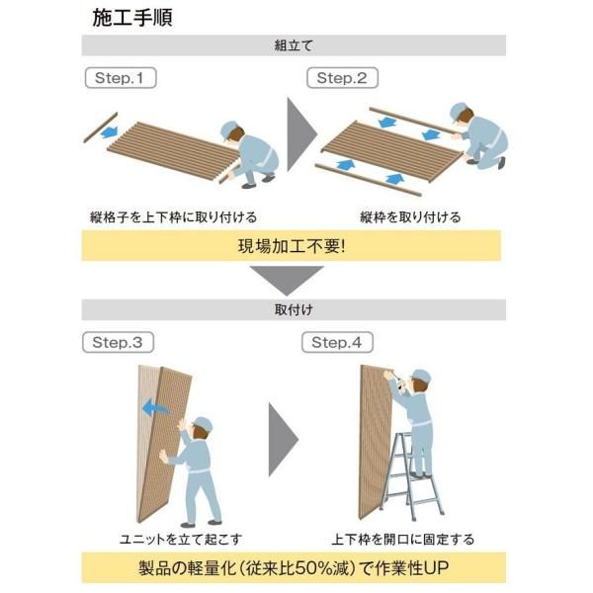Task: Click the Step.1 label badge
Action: (x=121, y=78)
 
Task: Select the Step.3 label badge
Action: (x=118, y=343)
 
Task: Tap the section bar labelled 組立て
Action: (x=294, y=45)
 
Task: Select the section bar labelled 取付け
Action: (x=294, y=309)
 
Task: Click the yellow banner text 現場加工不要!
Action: (x=294, y=245)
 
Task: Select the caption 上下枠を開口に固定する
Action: (x=402, y=539)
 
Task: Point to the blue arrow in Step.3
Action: (x=152, y=407)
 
